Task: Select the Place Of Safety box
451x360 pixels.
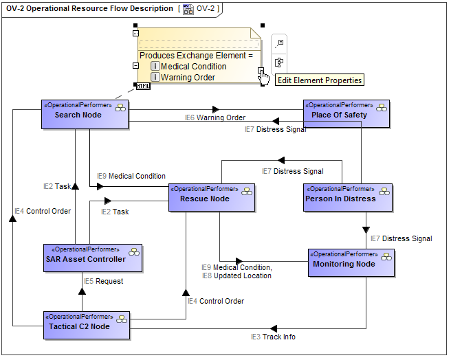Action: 346,115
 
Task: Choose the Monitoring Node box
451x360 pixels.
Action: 351,264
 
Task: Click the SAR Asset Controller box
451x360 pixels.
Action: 92,259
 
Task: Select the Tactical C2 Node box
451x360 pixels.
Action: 86,326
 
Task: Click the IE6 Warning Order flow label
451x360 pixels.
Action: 215,118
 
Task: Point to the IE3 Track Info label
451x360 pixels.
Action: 273,337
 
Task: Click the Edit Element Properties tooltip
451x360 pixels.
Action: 319,80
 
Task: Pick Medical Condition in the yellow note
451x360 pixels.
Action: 193,67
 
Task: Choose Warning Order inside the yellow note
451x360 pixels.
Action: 188,78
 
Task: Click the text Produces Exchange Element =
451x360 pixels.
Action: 196,55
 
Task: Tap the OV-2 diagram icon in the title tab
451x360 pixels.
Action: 188,10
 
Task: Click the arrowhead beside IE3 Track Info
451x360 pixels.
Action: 273,328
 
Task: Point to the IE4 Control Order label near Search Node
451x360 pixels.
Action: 43,211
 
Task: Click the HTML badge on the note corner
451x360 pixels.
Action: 143,86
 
